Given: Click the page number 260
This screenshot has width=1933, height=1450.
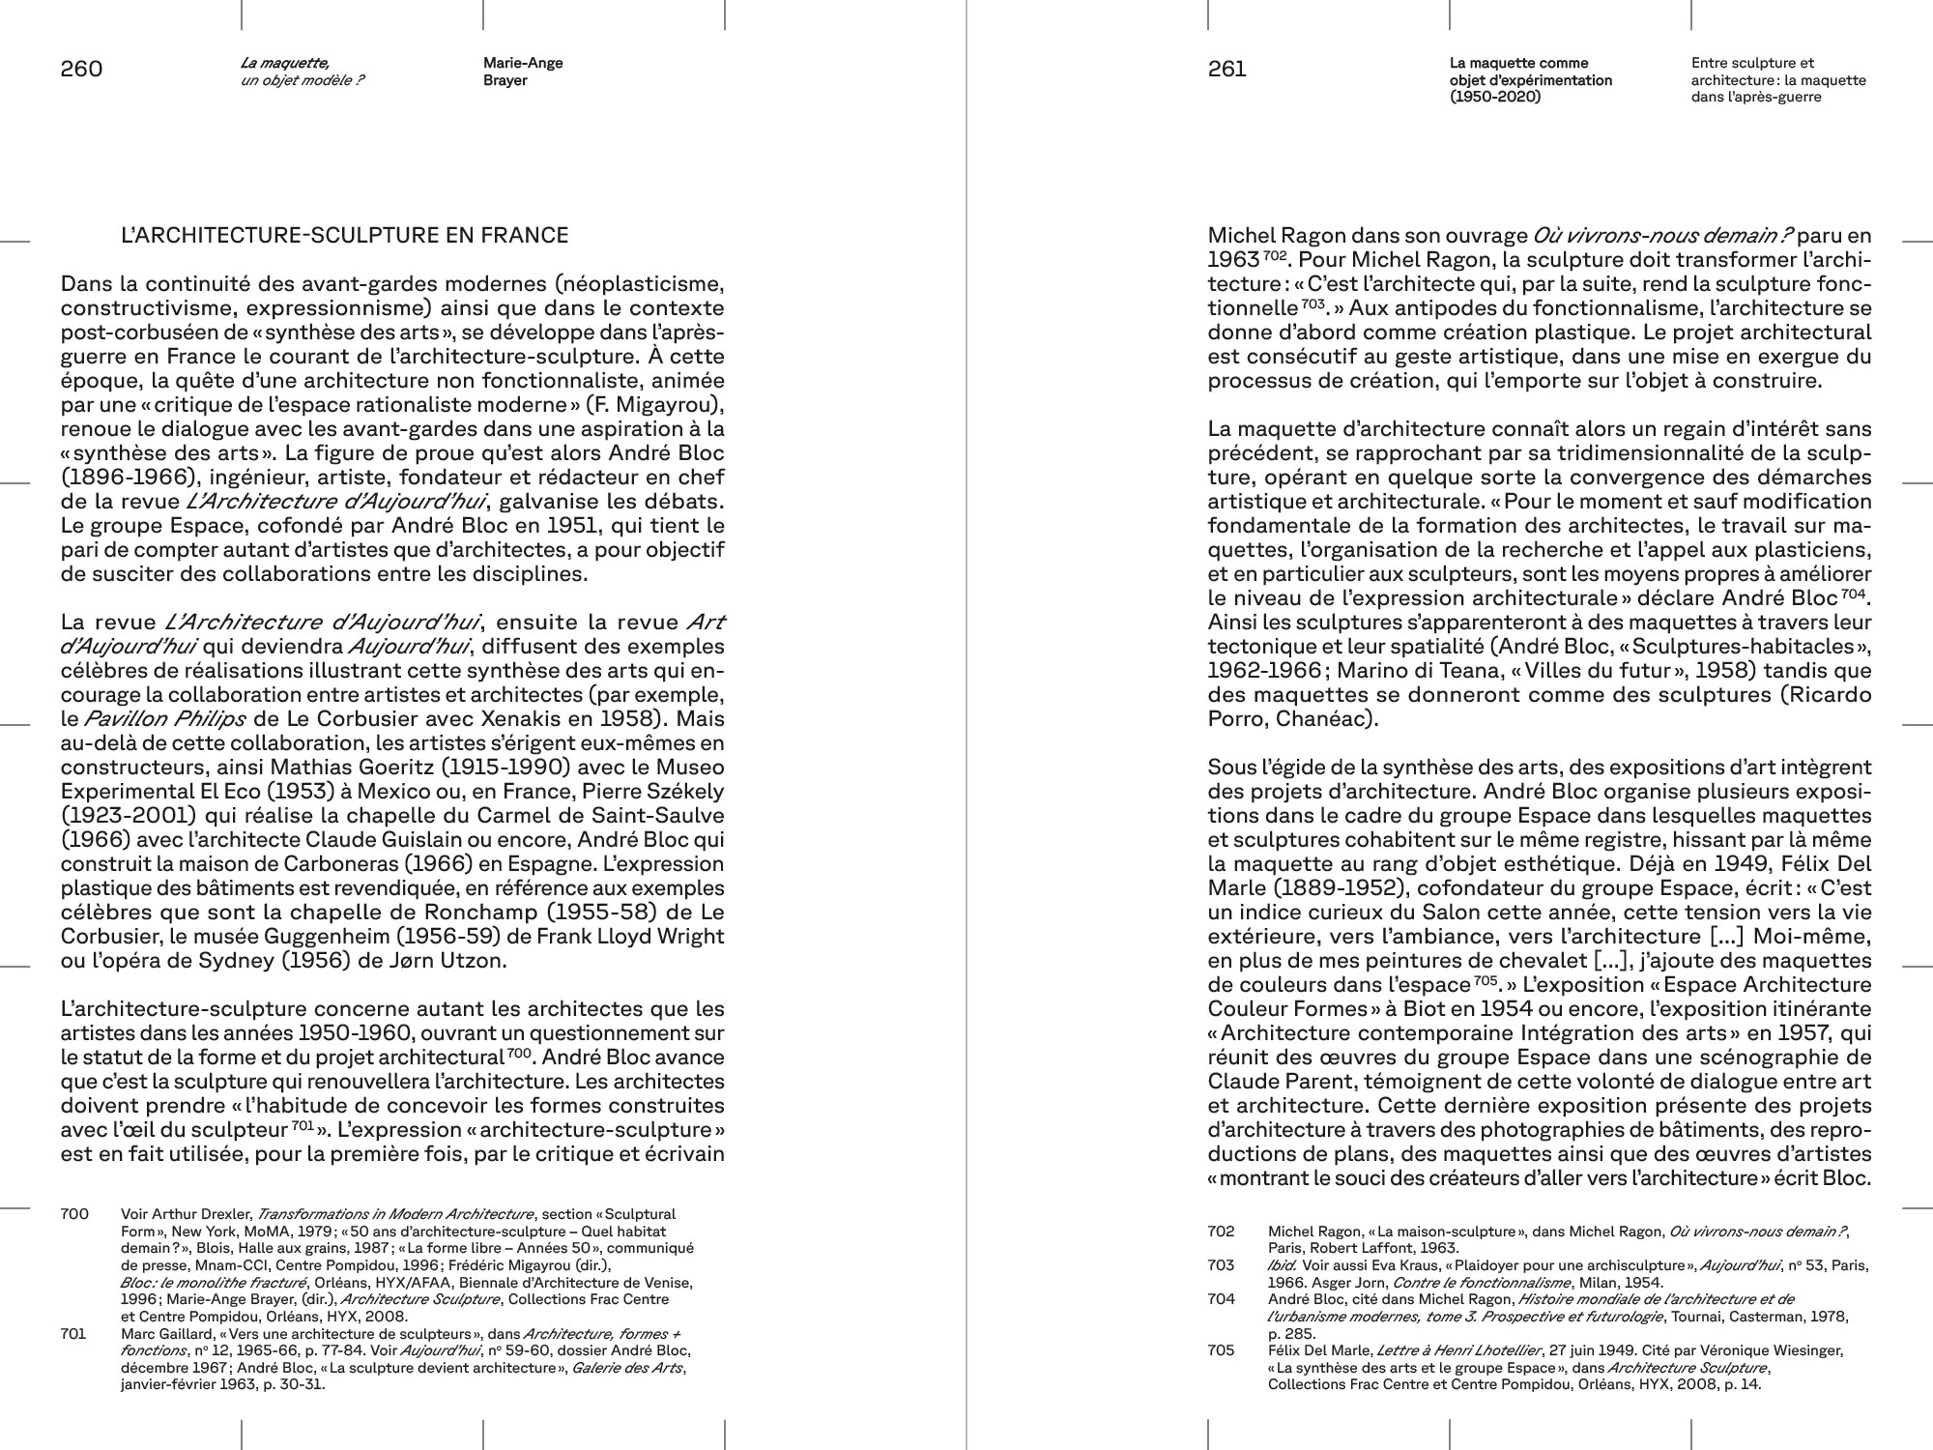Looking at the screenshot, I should pos(81,70).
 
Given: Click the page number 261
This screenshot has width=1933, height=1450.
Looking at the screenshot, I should pos(1227,70).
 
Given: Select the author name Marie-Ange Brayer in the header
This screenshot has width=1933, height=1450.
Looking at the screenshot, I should pos(523,72).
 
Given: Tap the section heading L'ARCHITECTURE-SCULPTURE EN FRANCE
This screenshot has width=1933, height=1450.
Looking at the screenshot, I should pos(344,235).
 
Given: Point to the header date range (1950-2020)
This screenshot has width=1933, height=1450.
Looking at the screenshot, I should pos(1495,97).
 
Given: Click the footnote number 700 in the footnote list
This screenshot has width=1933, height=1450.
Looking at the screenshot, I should pos(74,1214).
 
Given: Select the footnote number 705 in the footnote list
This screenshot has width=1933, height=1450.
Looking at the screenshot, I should pos(1222,1349).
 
